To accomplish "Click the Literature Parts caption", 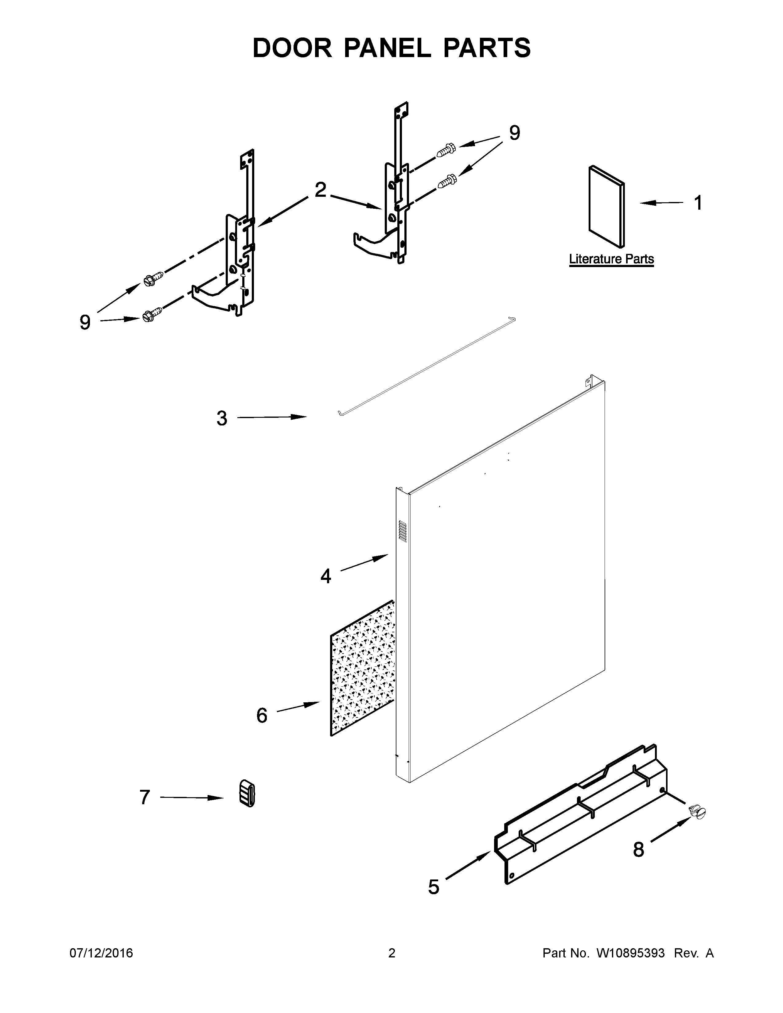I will [x=611, y=259].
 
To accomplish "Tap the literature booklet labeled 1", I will [x=606, y=206].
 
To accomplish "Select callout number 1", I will [x=698, y=203].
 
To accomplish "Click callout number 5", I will [x=433, y=887].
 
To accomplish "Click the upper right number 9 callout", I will [x=514, y=133].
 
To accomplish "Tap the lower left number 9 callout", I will [x=84, y=322].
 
